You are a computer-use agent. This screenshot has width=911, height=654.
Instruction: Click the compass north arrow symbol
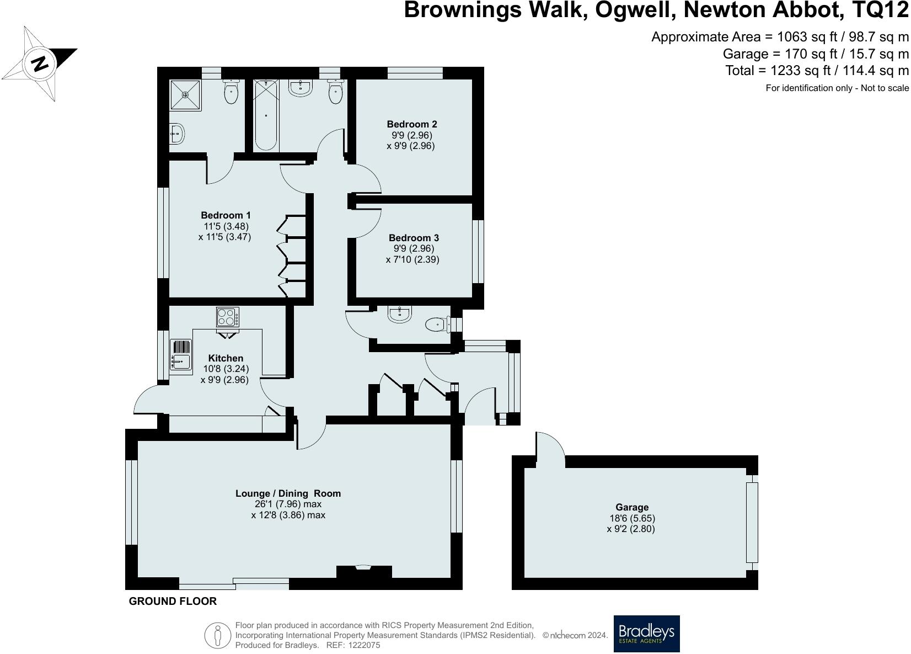(39, 63)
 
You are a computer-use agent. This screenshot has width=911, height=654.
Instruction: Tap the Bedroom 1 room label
(226, 215)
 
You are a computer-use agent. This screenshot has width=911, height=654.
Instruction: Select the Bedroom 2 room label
(412, 124)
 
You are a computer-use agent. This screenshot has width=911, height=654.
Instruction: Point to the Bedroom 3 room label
(414, 238)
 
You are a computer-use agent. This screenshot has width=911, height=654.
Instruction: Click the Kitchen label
(226, 358)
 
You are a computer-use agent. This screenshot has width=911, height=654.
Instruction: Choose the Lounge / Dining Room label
(288, 493)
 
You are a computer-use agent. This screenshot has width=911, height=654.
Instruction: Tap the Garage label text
(631, 507)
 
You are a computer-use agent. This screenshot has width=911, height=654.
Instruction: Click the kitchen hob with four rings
(228, 317)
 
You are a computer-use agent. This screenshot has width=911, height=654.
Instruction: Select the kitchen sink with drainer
(180, 355)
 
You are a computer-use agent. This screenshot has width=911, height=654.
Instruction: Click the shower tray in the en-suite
(185, 95)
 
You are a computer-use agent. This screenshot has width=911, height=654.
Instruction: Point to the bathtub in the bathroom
(266, 115)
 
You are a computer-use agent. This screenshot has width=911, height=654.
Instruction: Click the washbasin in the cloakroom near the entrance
(400, 314)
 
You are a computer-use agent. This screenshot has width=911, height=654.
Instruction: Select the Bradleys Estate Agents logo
(646, 633)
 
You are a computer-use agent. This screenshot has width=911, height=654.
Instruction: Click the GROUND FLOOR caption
(173, 601)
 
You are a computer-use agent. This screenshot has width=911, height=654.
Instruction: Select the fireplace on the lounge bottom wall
(363, 571)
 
